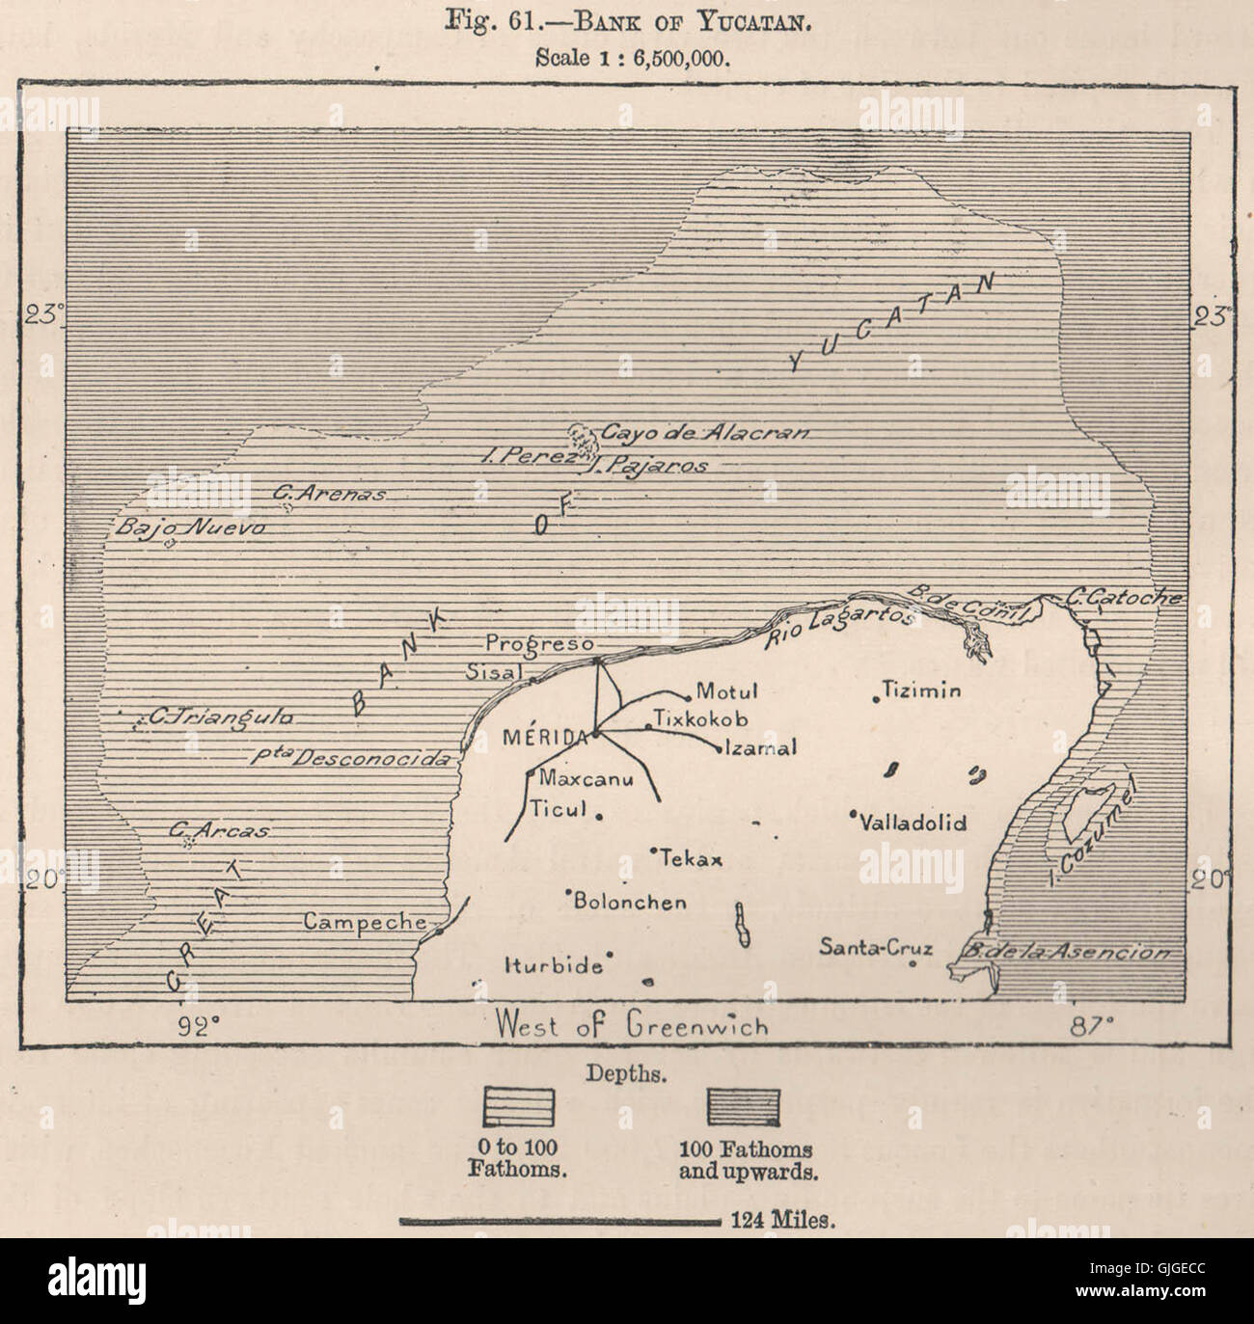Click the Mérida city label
[544, 737]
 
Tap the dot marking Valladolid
[854, 814]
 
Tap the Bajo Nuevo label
[189, 527]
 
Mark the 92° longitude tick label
[195, 1026]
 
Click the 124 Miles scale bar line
[559, 1221]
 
